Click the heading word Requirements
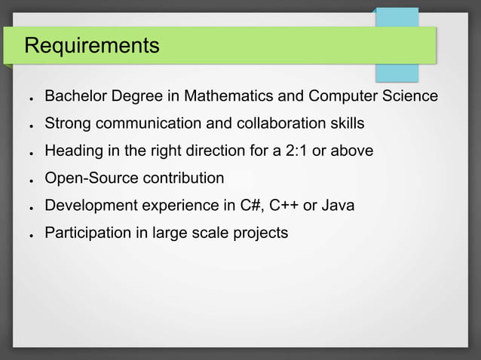pyautogui.click(x=92, y=46)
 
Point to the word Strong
pyautogui.click(x=67, y=124)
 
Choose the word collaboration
pyautogui.click(x=274, y=124)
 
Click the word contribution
pyautogui.click(x=185, y=178)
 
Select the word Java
pyautogui.click(x=338, y=206)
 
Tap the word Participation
pyautogui.click(x=88, y=233)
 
